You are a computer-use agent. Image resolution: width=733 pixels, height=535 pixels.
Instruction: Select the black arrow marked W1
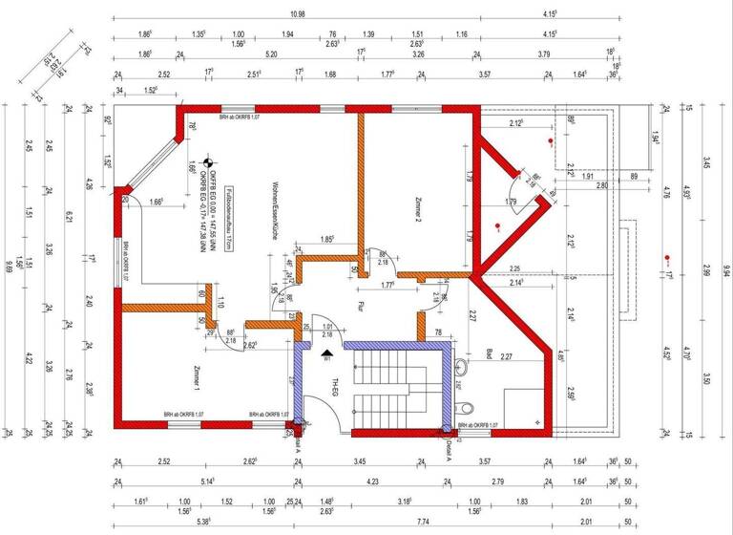(x=327, y=353)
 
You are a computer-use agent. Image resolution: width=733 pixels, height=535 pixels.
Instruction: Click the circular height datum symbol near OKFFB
(x=213, y=149)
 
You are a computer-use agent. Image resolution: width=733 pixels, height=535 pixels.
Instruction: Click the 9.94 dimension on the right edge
(x=725, y=267)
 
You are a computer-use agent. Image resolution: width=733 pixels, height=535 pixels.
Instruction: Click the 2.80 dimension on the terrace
(x=601, y=184)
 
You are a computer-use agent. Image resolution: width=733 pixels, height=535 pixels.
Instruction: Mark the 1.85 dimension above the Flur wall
(x=326, y=239)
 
